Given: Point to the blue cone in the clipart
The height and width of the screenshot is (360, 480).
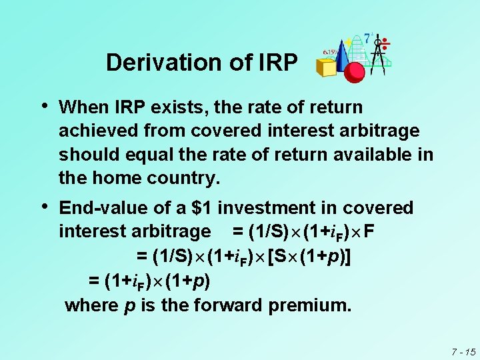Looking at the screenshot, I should pyautogui.click(x=341, y=55).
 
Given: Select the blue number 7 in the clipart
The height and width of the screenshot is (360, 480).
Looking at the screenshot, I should pyautogui.click(x=367, y=38).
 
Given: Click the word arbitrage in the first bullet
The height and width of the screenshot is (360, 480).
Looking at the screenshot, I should pyautogui.click(x=380, y=131).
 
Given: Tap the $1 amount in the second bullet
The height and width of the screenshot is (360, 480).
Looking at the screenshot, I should pyautogui.click(x=204, y=208).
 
